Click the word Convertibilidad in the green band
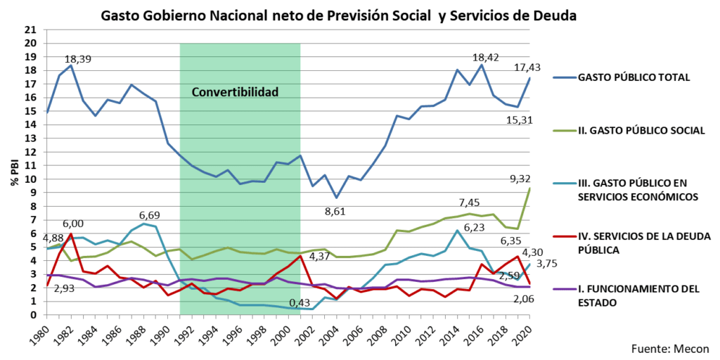[236, 92]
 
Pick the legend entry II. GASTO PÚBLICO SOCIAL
[633, 130]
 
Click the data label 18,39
[79, 58]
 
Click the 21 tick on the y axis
[30, 30]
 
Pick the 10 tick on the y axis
[30, 179]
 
